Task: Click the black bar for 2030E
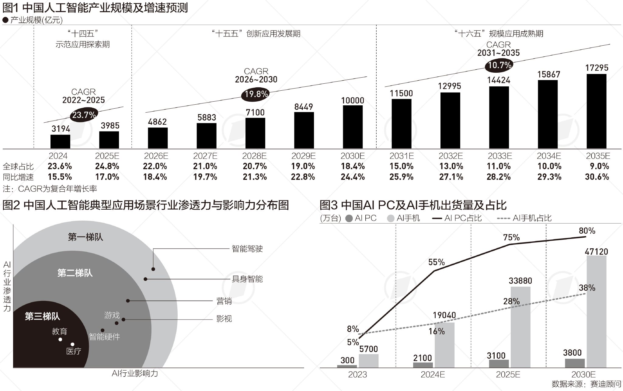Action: point(353,127)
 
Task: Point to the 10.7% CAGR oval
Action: point(499,65)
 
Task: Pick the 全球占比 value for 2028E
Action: point(255,166)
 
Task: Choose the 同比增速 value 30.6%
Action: point(597,177)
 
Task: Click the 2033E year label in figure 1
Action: point(500,156)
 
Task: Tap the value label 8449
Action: point(303,107)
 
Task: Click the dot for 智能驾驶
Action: point(153,269)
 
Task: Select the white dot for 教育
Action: point(60,339)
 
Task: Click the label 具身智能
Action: point(247,279)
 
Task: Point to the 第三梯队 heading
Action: point(42,316)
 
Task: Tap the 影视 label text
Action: point(224,319)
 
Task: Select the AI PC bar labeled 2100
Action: point(423,365)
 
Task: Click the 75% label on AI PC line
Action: point(511,237)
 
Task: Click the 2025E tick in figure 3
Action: point(508,375)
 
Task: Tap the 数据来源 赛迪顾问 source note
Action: point(586,384)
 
